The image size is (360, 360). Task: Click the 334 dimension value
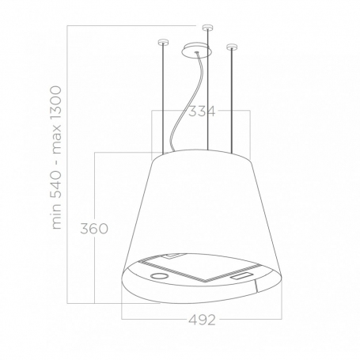tap(202, 112)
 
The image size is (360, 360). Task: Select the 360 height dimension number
tap(94, 229)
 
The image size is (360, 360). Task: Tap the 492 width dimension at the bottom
tap(202, 320)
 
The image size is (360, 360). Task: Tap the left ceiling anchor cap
tap(163, 42)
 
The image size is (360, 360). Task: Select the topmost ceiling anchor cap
tap(207, 27)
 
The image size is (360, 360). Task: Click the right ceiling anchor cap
tap(231, 47)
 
